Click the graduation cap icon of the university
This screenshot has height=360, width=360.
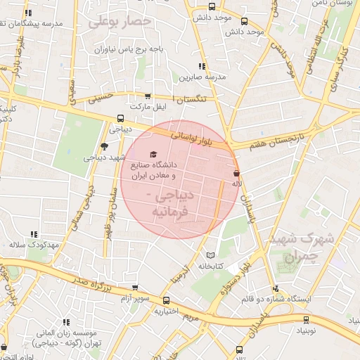[153, 155]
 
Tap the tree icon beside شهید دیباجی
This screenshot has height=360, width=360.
[105, 146]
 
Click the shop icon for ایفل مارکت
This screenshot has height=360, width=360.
[147, 96]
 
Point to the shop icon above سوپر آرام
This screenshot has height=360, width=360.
[135, 288]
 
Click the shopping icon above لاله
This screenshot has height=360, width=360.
[236, 172]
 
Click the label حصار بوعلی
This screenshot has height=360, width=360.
[120, 22]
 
